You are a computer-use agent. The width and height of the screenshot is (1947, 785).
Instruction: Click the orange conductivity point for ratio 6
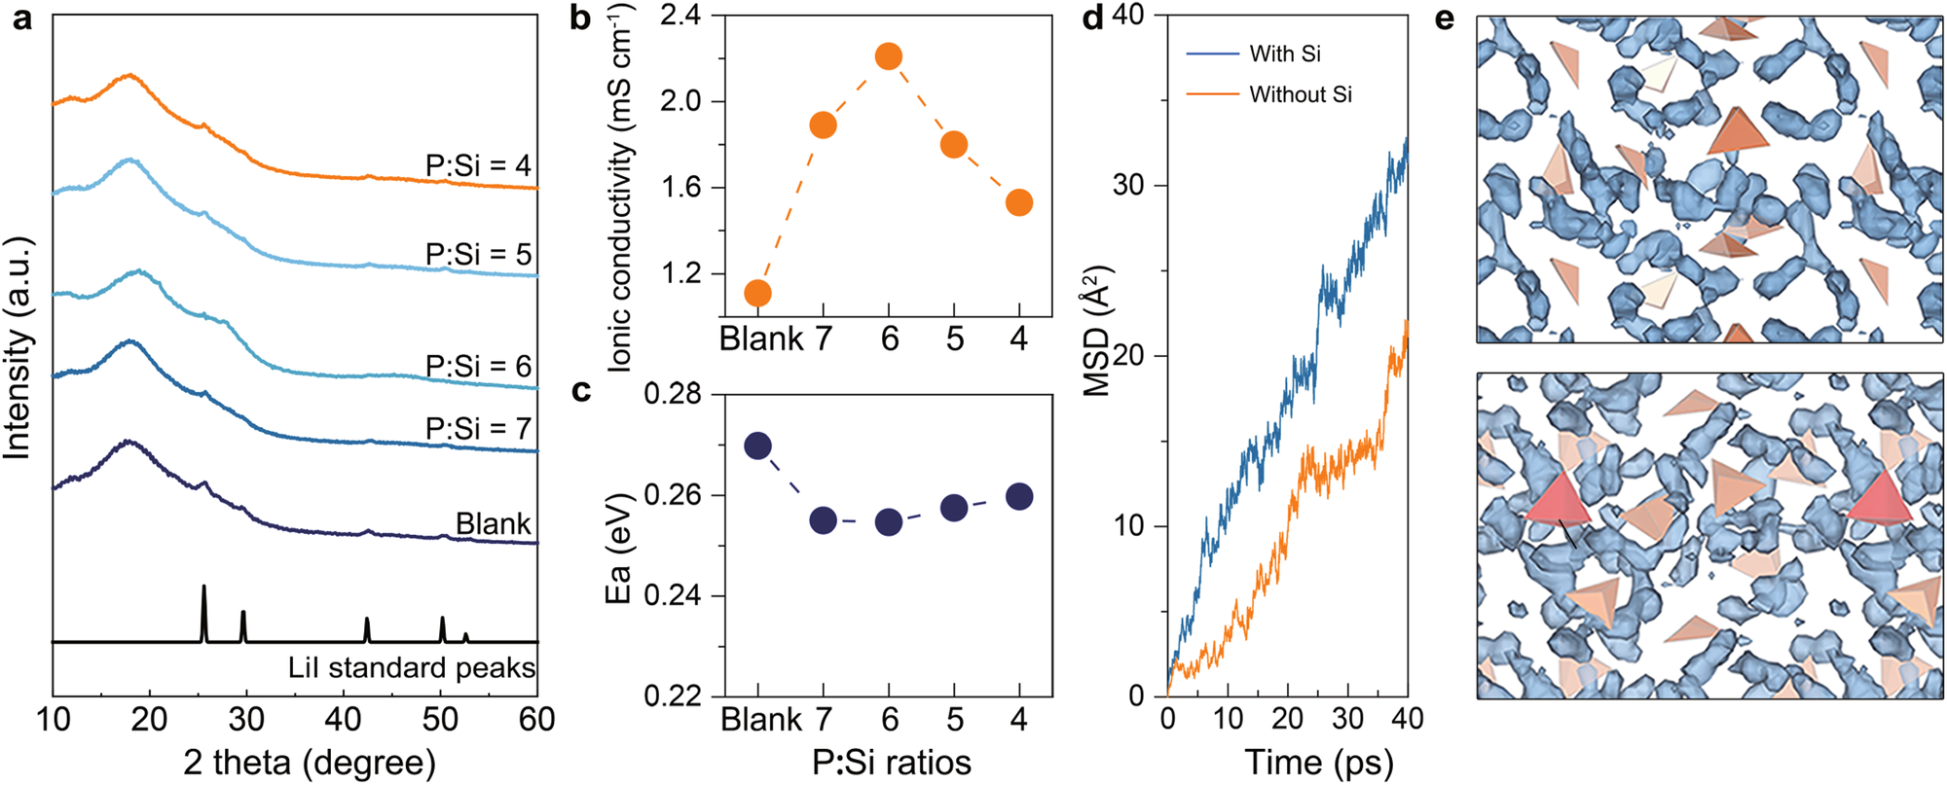pos(888,56)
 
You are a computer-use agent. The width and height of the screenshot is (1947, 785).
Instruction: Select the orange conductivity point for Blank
pos(757,293)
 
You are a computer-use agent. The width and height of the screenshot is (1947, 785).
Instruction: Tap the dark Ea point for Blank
pos(757,446)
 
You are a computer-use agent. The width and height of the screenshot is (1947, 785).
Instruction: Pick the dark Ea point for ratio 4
pos(1019,497)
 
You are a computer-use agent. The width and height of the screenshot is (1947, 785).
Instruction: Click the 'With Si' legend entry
pos(1284,54)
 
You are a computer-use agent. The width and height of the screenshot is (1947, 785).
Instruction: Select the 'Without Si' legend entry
pos(1300,94)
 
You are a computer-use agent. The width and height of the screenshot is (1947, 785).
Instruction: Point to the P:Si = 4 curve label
pos(478,165)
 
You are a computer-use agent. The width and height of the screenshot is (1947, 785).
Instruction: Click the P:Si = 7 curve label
pos(478,428)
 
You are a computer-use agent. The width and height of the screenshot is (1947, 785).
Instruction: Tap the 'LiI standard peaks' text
pos(412,667)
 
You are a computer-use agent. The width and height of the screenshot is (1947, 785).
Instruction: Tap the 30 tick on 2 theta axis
pos(246,720)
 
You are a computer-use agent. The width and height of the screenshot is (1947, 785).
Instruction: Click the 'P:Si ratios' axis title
pos(892,763)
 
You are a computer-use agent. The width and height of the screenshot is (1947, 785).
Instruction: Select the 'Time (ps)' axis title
pos(1318,763)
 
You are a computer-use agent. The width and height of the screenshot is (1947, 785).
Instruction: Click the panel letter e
pos(1444,18)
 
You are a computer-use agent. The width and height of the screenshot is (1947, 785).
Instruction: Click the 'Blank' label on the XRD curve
pos(494,524)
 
